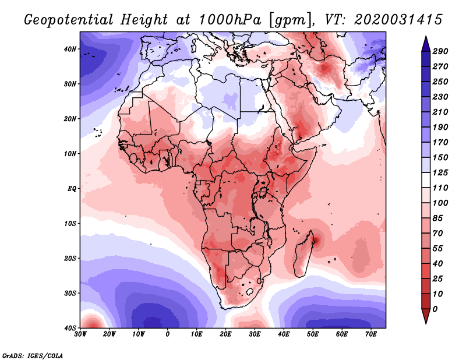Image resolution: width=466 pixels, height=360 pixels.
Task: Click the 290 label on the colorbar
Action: tap(440, 52)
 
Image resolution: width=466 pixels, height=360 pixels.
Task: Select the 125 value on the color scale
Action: tap(440, 172)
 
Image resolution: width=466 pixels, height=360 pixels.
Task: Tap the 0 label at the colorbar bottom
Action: tap(435, 309)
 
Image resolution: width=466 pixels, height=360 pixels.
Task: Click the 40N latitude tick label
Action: tap(70, 49)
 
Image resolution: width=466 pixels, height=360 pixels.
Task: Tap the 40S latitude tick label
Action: tap(70, 328)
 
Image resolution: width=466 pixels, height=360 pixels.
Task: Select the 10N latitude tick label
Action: tap(70, 154)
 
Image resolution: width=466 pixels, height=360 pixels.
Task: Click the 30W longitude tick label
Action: tap(80, 335)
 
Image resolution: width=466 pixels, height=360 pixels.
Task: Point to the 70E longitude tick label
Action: tap(370, 335)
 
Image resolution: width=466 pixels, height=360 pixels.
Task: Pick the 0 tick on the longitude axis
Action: tap(168, 335)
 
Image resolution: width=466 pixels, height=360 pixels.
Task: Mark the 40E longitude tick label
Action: tap(284, 335)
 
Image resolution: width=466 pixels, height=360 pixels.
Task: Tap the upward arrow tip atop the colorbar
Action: tap(426, 40)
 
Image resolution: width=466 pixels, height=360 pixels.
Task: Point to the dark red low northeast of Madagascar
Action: tap(317, 239)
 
